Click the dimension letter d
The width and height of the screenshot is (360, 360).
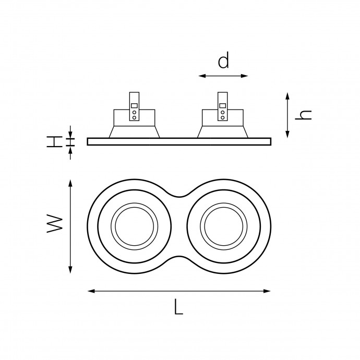pos(223,60)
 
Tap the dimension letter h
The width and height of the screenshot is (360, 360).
pos(303,115)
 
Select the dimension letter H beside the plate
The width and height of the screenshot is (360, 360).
pos(55,141)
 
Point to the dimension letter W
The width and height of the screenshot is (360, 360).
pos(55,224)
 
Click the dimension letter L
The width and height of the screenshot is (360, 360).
pos(178,306)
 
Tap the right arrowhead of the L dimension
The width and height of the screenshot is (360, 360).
pos(267,291)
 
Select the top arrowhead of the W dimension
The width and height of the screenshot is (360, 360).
pos(70,183)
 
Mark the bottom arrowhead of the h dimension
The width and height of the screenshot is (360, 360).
pos(287,134)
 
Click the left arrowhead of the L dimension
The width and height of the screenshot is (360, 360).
pos(92,291)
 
